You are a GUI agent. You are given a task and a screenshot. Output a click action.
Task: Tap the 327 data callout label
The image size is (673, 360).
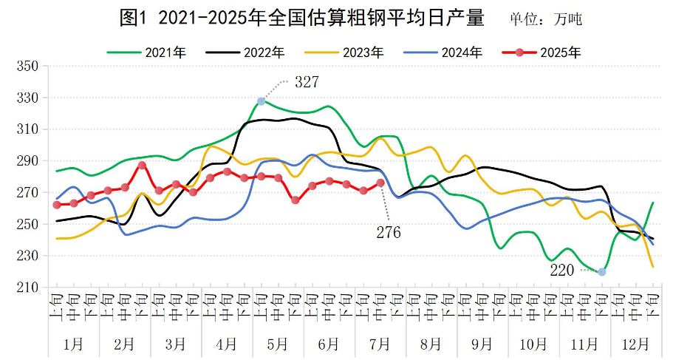(307, 82)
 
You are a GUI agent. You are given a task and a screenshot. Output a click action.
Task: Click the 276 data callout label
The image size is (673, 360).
(388, 233)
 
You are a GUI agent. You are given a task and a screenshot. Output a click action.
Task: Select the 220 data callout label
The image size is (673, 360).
(561, 271)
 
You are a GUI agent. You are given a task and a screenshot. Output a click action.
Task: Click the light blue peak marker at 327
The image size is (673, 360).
(262, 101)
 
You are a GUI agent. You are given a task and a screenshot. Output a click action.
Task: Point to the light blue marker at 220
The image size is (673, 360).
(602, 272)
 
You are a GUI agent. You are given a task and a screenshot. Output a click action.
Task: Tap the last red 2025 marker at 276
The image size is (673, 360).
(380, 183)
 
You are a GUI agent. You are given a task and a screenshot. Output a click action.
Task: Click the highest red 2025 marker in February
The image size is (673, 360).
(142, 166)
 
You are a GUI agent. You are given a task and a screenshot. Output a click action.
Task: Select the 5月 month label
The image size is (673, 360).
(278, 344)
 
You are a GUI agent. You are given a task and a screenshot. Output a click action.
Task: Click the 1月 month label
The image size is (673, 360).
(74, 344)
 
